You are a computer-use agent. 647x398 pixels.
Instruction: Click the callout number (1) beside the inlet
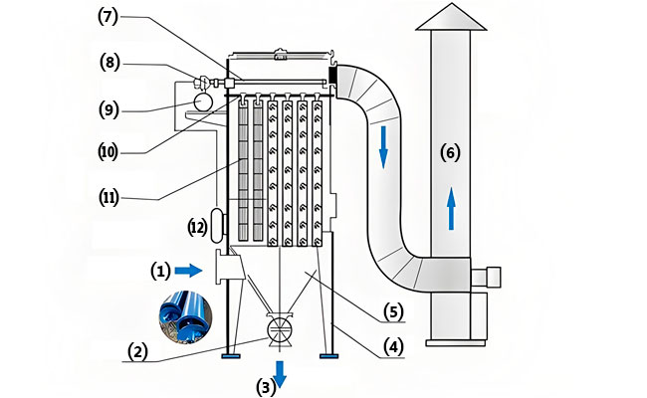coord(160,272)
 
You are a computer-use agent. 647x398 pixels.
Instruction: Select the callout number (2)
coord(137,352)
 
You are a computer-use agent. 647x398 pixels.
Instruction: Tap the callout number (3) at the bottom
coord(266,387)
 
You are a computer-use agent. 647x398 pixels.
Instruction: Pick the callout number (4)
coord(393,346)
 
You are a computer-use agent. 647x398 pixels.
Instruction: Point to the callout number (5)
coord(393,311)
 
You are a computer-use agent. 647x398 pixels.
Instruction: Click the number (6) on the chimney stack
coord(450,152)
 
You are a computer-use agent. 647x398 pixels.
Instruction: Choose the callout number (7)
coord(108,17)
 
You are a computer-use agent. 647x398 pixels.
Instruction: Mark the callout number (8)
coord(109,63)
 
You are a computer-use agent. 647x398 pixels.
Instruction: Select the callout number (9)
coord(108,109)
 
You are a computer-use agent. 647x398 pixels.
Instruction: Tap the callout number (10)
coord(108,152)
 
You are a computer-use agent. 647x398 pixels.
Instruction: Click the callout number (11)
coord(108,198)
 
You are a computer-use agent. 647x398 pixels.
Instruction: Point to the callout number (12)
coord(198,227)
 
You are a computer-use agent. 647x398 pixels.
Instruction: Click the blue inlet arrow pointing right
coord(188,271)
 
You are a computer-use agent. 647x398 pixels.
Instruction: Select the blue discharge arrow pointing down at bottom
coord(280,374)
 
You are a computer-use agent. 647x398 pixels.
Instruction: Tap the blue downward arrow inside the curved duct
coord(383,147)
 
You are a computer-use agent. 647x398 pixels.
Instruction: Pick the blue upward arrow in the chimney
coord(451,208)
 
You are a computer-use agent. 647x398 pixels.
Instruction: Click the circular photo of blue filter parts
coord(186,317)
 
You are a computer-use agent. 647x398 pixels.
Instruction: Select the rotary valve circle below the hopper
coord(280,329)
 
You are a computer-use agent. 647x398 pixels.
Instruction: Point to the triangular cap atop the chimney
coord(451,17)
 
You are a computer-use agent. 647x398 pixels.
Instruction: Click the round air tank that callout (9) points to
coord(203,101)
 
